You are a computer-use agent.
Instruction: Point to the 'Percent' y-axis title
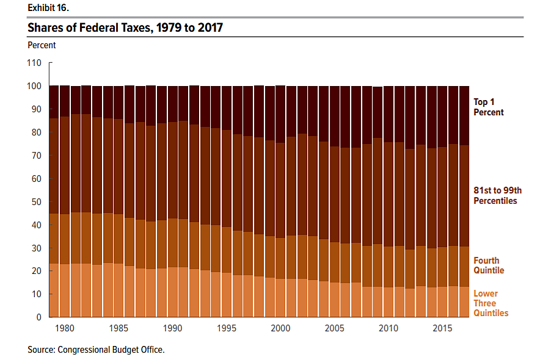tap(42, 45)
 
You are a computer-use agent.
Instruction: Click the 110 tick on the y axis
tap(34, 63)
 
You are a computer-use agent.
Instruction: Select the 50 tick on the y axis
tap(36, 202)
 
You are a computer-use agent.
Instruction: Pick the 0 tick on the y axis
tap(38, 317)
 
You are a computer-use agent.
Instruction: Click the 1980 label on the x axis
tap(65, 329)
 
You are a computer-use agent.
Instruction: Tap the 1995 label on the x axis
tap(227, 329)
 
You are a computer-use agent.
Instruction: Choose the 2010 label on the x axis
tap(388, 329)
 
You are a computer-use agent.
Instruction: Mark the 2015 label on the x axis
tap(442, 329)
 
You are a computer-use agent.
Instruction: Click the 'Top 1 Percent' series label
tap(489, 107)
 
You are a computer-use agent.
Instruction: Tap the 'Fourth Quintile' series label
tap(489, 265)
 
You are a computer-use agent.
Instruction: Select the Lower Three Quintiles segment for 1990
tap(173, 292)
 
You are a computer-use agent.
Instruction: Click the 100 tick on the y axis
tap(34, 86)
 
